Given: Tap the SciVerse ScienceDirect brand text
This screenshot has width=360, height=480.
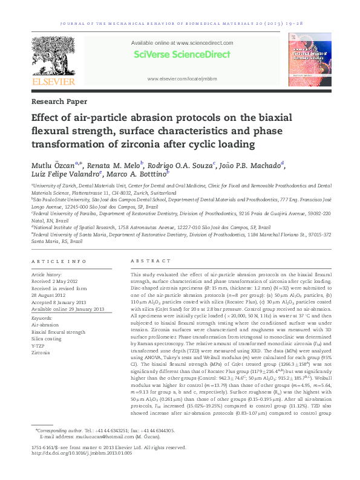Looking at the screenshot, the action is click(x=182, y=54).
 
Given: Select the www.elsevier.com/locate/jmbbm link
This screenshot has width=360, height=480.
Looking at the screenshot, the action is click(x=182, y=79).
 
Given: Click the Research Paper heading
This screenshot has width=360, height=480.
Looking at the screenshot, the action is click(x=59, y=102).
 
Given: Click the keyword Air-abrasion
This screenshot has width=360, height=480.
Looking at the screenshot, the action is click(x=45, y=325).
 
